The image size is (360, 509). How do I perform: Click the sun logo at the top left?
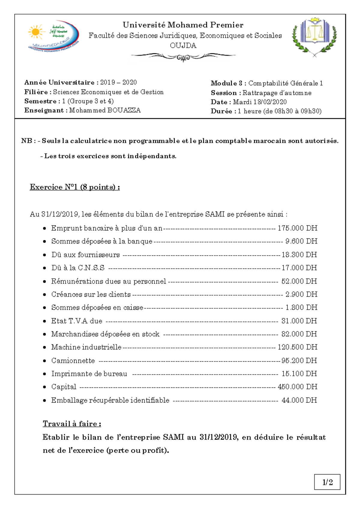(x=36, y=32)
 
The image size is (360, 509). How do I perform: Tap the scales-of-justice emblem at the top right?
(x=314, y=35)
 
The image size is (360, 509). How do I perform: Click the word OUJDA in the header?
(x=183, y=46)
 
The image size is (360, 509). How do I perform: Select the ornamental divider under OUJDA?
(x=183, y=56)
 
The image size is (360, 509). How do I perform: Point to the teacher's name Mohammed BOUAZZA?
(x=105, y=110)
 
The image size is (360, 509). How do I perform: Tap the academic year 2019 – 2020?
(x=118, y=82)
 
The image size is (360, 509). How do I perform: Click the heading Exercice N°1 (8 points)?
(x=75, y=187)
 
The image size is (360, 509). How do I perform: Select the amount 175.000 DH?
(x=297, y=228)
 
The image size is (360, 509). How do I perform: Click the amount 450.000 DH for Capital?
(x=297, y=387)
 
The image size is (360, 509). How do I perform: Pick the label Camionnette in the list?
(x=73, y=361)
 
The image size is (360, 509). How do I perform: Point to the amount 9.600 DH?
(x=301, y=241)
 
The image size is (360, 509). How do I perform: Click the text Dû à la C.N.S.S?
(x=78, y=268)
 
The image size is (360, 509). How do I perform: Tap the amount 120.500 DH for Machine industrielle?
(x=297, y=347)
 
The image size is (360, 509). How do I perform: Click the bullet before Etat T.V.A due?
(x=44, y=321)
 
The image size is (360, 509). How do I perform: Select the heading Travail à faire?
(x=72, y=424)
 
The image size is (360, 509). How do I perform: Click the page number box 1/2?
(x=327, y=482)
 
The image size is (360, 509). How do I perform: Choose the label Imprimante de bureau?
(x=89, y=374)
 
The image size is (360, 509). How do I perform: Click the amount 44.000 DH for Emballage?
(x=299, y=400)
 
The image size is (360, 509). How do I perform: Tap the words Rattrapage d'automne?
(x=277, y=93)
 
